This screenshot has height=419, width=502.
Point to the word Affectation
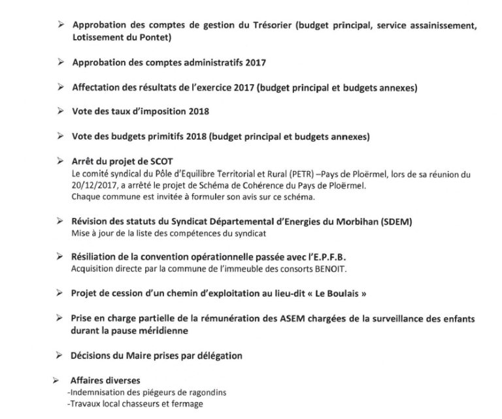[95, 87]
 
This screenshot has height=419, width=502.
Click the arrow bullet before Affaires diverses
[59, 380]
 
